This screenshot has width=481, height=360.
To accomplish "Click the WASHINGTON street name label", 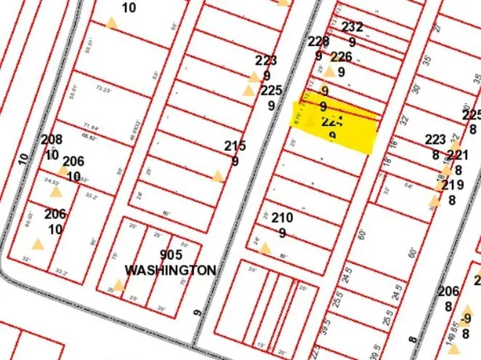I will tap(170, 270).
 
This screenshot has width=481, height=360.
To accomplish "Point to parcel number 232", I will tap(353, 27).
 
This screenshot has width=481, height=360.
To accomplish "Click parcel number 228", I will tap(319, 42).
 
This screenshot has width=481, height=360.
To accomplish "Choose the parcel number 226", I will tap(341, 57).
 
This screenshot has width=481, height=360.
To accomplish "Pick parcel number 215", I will tap(235, 146).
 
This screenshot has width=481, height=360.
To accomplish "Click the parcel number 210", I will tap(282, 218).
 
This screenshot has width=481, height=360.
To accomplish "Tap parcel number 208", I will tap(52, 140).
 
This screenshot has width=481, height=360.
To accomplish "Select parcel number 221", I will tap(458, 156).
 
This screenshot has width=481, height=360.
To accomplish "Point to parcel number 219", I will tap(452, 185).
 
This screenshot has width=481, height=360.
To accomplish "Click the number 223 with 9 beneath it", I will tap(266, 61).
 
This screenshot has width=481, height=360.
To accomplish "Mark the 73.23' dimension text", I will tap(102, 89).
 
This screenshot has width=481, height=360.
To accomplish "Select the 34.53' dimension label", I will tap(53, 182).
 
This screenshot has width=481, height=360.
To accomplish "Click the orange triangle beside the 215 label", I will tap(217, 176).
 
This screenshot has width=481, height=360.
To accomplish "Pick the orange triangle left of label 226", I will tap(328, 71).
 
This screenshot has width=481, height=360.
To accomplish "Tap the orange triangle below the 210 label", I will tap(265, 247).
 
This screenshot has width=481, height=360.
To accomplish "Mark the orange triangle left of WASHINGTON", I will tap(119, 284).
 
